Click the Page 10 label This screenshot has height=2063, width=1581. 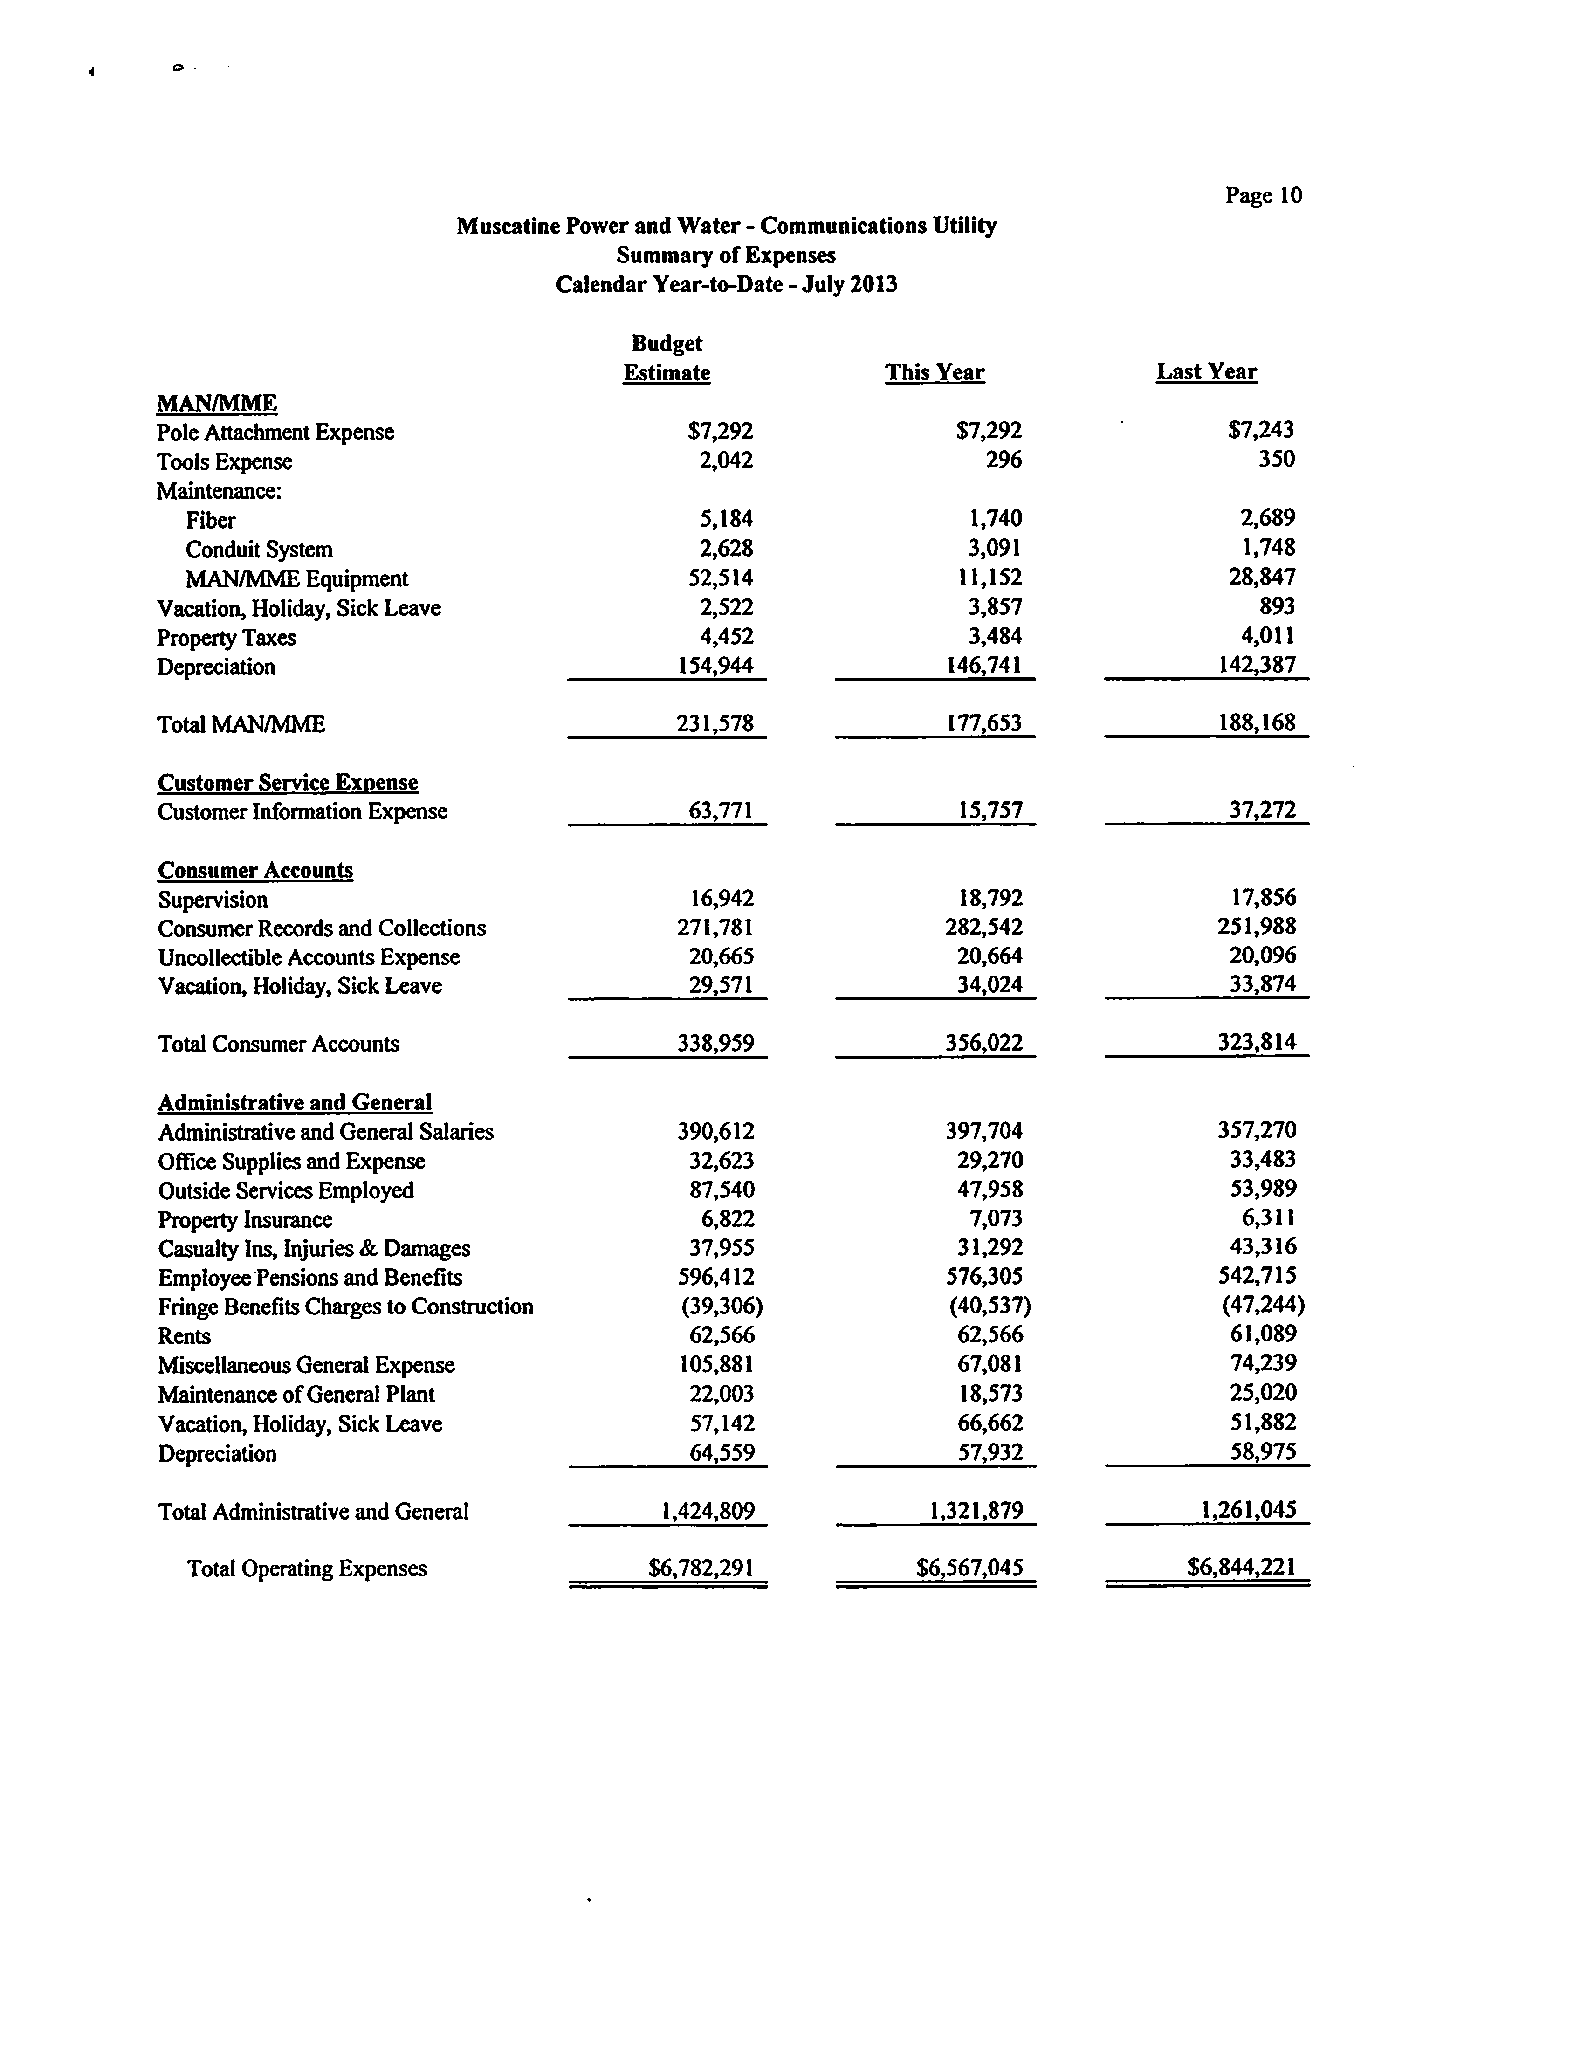[x=1263, y=196]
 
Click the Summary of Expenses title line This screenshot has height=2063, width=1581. [x=726, y=255]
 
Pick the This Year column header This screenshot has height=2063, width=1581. [x=935, y=373]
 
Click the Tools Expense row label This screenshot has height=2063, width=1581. [x=224, y=462]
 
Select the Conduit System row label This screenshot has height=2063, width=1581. [x=259, y=550]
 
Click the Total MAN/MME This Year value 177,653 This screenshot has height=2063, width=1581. [x=983, y=724]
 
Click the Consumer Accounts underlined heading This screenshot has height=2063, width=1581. [x=255, y=871]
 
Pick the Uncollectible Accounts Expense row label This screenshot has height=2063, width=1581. [x=309, y=958]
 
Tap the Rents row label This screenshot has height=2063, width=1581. [x=185, y=1336]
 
